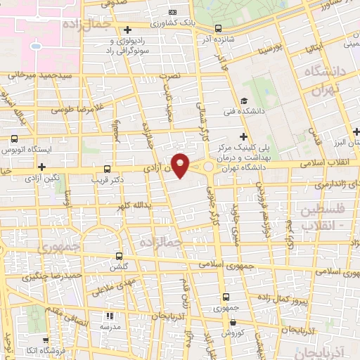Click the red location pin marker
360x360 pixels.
click(180, 165)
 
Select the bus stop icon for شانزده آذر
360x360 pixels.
click(218, 29)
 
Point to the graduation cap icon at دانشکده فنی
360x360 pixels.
click(243, 101)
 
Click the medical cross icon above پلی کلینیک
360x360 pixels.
click(243, 136)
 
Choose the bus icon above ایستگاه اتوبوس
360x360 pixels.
click(15, 138)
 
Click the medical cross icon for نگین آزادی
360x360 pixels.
click(43, 167)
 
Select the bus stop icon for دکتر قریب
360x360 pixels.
click(107, 169)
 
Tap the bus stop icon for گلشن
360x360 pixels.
click(118, 257)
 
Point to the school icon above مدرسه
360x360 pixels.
click(109, 317)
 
